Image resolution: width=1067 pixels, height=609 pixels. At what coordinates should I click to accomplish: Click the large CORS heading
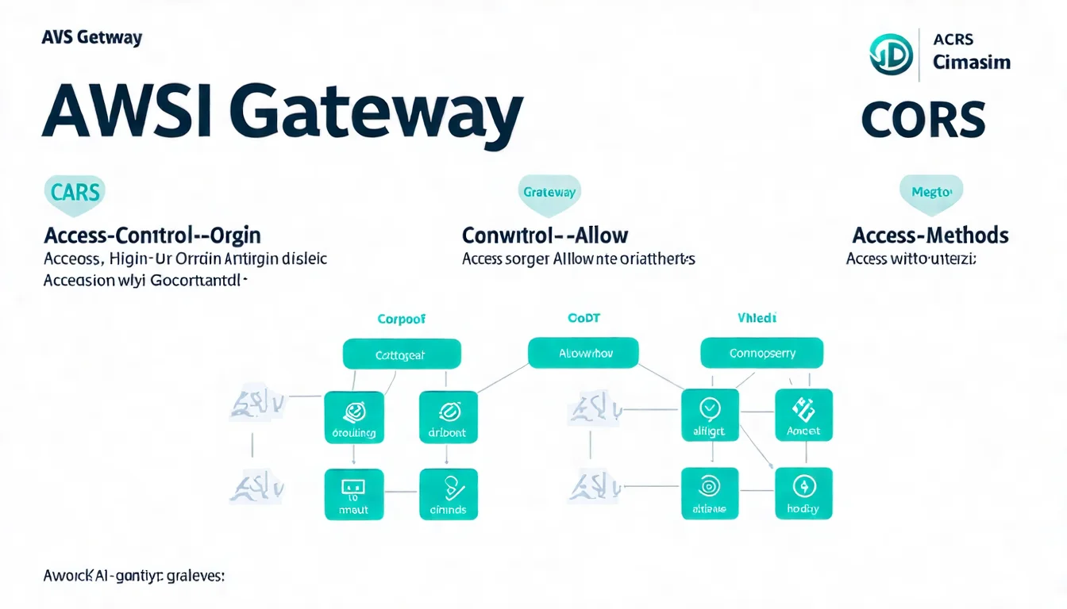923,121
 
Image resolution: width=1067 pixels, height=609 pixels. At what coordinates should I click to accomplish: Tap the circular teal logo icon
891,55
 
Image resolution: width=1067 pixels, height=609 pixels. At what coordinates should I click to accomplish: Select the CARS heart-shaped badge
74,193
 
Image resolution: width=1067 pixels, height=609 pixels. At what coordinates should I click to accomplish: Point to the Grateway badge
549,193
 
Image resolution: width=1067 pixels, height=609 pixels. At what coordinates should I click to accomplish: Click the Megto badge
930,192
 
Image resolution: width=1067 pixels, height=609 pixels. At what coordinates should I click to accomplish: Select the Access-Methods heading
930,236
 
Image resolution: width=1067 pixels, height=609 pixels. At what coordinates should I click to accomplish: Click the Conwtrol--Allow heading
545,236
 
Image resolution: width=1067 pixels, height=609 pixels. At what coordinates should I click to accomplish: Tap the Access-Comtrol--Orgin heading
152,236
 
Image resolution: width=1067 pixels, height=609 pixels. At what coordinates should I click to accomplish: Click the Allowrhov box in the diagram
583,353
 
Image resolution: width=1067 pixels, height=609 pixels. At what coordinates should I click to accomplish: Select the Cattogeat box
401,354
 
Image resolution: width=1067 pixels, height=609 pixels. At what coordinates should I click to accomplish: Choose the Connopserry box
761,353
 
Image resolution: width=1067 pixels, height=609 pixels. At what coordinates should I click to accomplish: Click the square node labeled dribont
448,416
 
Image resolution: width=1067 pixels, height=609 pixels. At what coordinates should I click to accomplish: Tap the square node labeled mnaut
353,494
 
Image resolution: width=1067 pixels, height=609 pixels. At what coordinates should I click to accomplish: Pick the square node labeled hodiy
803,493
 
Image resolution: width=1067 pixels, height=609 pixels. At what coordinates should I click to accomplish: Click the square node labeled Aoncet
803,416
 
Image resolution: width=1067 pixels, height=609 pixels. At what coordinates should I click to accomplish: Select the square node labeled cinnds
448,494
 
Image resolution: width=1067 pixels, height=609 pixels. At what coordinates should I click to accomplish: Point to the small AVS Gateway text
92,37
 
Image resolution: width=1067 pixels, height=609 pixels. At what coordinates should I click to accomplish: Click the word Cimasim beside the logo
971,62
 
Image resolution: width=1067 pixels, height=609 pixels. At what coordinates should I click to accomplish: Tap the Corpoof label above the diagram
401,319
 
